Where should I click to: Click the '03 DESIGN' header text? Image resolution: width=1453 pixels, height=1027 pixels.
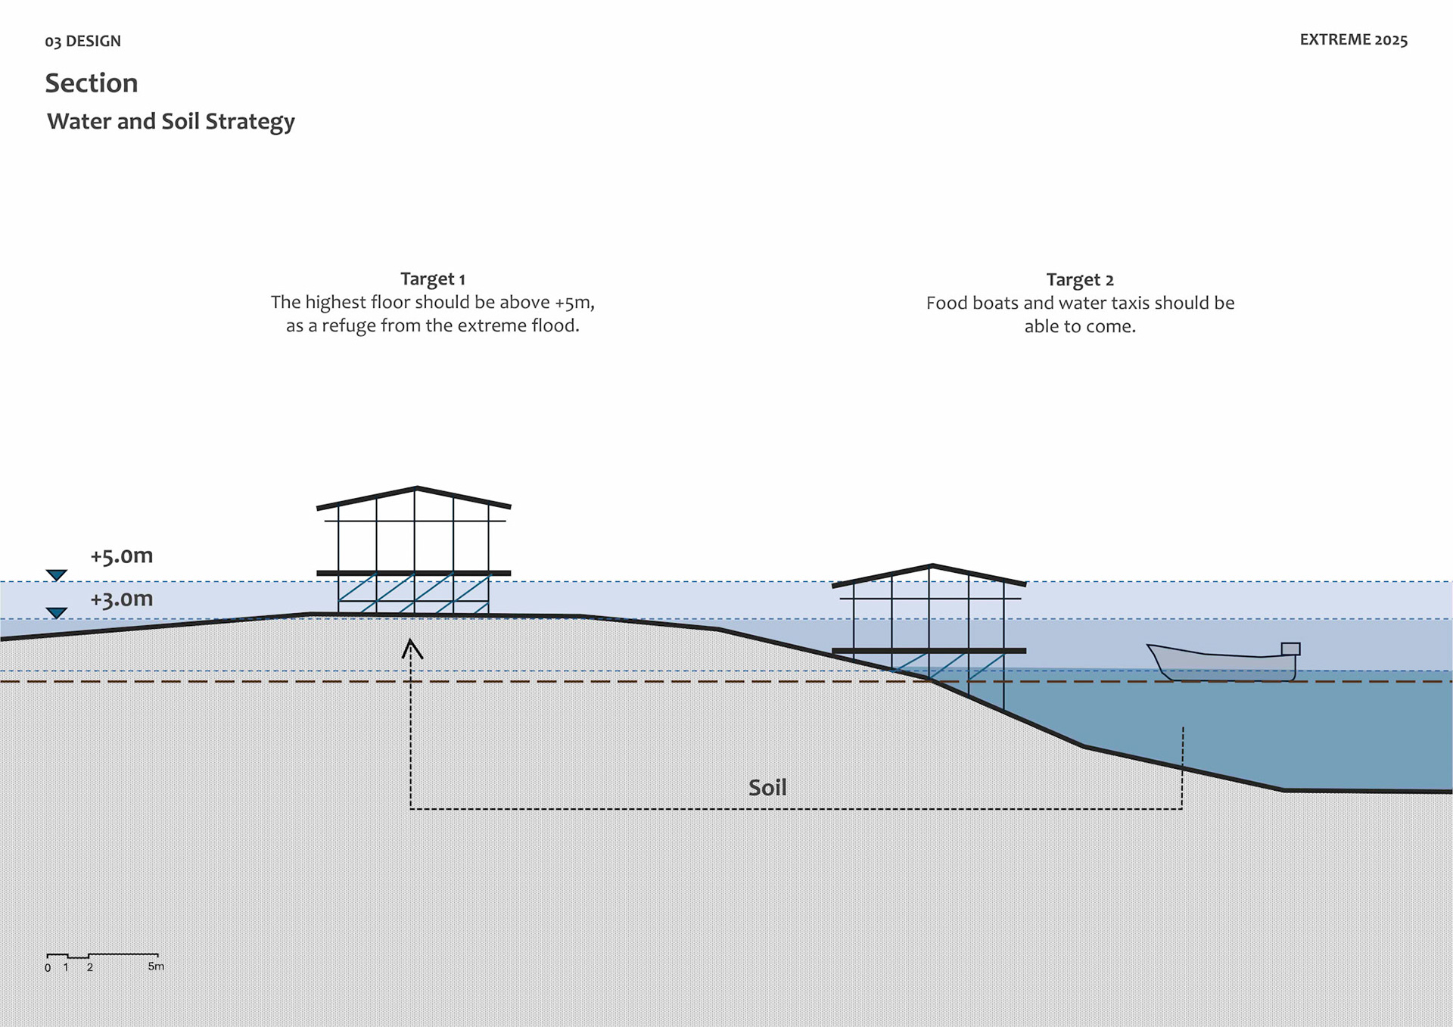click(x=82, y=41)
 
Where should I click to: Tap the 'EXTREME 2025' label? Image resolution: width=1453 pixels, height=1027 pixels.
click(x=1353, y=40)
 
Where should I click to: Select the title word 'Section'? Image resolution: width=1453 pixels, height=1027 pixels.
click(x=92, y=83)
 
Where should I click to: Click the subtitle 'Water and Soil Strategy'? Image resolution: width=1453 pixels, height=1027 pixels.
click(x=170, y=121)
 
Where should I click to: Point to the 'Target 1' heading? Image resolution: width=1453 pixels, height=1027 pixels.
click(x=432, y=279)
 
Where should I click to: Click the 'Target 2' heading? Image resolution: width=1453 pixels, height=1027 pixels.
click(x=1080, y=280)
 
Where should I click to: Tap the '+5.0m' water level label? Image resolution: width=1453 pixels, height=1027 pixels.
click(x=121, y=556)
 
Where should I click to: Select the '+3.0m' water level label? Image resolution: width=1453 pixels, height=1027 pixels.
click(x=121, y=599)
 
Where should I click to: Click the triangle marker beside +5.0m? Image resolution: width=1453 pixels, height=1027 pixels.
click(x=57, y=575)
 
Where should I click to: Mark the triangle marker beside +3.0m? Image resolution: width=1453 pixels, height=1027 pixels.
click(x=57, y=612)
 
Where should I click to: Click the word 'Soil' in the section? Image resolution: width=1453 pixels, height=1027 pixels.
click(x=767, y=788)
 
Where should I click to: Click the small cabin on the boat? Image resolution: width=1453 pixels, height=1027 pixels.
click(x=1290, y=649)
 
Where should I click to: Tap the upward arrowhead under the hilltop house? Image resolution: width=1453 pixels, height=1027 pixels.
click(x=412, y=648)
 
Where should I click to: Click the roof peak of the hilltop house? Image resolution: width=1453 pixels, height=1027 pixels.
click(x=416, y=488)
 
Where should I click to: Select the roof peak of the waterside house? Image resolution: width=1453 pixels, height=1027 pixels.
click(x=932, y=566)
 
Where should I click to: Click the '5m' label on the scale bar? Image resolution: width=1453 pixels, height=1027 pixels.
click(x=156, y=966)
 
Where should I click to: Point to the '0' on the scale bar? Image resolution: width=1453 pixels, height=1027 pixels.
click(x=48, y=968)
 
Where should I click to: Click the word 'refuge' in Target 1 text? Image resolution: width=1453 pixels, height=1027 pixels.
click(x=349, y=325)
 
